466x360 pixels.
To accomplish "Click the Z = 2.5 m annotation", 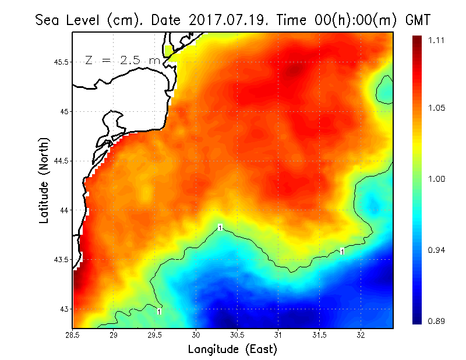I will tap(121, 60).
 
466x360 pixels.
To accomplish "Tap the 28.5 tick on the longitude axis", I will tap(73, 335).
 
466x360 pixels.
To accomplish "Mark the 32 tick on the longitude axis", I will tap(361, 335).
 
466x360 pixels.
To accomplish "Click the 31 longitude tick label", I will tap(278, 335).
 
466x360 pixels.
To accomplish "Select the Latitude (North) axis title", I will tap(44, 181).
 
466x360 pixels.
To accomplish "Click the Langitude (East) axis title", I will tap(232, 350).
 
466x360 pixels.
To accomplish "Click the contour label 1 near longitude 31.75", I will tap(343, 252).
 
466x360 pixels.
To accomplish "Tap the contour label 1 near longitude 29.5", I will tap(159, 312).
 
